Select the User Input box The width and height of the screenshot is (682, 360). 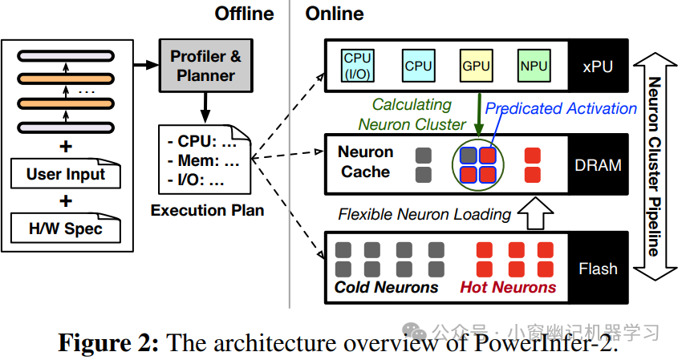[x=66, y=174]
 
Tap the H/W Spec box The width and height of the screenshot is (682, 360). [x=66, y=228]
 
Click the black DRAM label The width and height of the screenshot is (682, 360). [x=598, y=164]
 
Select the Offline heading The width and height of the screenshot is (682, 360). [x=244, y=14]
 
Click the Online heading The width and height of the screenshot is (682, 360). [x=335, y=14]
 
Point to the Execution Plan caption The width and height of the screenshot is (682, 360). [x=207, y=211]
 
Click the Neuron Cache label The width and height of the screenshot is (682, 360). [x=366, y=162]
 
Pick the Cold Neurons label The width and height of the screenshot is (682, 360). [x=387, y=288]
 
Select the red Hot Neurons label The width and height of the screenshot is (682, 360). [x=507, y=288]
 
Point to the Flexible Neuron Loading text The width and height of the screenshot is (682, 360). [x=424, y=214]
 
